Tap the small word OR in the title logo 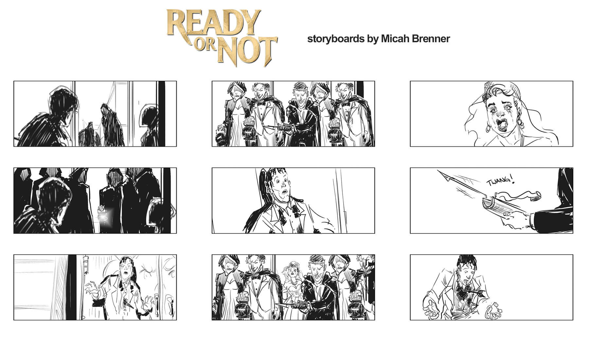206,47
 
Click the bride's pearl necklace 293,283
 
